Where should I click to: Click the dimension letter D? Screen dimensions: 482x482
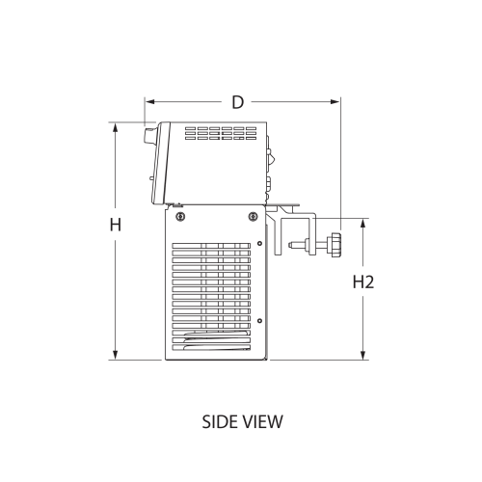(x=237, y=101)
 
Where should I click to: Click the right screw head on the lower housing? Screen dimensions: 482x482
(x=253, y=215)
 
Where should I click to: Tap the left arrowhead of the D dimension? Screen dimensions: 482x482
(x=147, y=101)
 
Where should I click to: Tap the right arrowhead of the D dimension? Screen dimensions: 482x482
(x=337, y=101)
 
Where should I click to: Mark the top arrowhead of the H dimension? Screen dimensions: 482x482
(x=115, y=126)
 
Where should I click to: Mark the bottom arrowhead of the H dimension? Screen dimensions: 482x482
(x=115, y=357)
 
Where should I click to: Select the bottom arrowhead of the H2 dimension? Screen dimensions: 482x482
(x=362, y=357)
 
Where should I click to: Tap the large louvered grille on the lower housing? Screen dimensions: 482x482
(x=214, y=294)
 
